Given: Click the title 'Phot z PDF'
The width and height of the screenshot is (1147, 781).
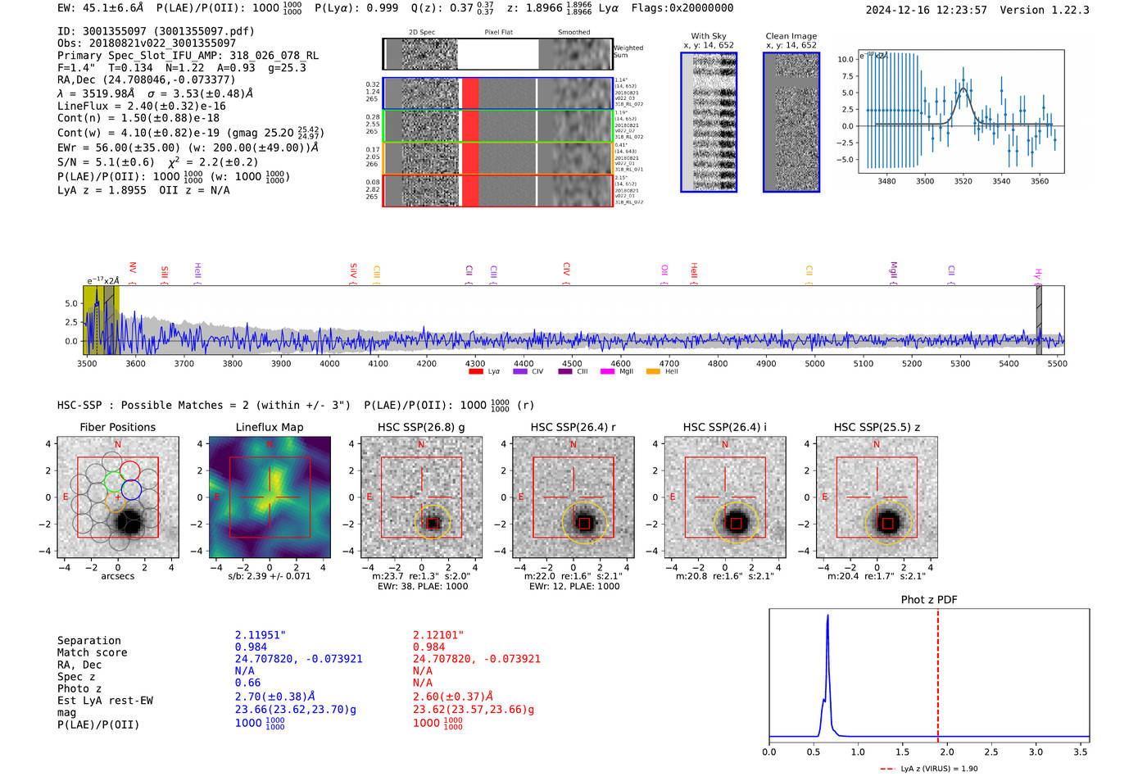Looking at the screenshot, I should (929, 600).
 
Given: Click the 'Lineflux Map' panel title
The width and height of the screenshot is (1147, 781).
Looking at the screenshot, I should (270, 427).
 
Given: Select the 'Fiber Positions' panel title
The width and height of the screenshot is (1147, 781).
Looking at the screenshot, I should (118, 427).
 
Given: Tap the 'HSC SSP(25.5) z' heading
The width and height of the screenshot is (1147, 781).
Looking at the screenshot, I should (877, 427).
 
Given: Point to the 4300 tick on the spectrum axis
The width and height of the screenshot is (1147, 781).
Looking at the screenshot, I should (475, 363).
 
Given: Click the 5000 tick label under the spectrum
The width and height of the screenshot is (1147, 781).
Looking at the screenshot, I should (814, 363).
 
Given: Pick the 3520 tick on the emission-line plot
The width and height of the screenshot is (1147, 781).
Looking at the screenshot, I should (963, 181).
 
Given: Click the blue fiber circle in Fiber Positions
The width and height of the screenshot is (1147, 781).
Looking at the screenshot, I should (131, 490).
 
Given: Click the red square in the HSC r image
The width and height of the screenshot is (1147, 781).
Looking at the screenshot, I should (584, 524).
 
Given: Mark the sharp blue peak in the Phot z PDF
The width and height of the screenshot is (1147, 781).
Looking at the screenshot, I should (827, 616).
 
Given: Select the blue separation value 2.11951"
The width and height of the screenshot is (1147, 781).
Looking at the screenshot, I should (261, 635).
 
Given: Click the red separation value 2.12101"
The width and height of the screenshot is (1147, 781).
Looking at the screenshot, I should (438, 635).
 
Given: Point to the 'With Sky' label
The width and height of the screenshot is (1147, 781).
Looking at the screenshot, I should (709, 36).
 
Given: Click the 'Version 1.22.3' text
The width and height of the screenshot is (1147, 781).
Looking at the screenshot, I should (1045, 10).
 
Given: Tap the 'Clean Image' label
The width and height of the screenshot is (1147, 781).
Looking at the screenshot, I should (791, 36).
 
